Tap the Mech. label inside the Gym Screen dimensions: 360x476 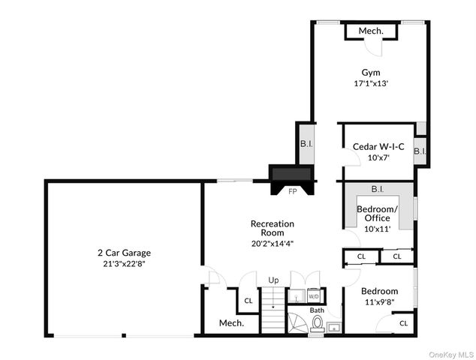click(371, 31)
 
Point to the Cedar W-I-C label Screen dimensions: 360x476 click(378, 147)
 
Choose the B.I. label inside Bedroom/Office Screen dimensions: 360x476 click(378, 190)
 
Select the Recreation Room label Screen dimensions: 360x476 click(272, 228)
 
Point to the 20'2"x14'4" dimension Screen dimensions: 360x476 click(272, 243)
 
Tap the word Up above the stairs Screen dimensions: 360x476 click(273, 280)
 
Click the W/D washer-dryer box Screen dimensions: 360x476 click(313, 296)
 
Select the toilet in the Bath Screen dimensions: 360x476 click(318, 323)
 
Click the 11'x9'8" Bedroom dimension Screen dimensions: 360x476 click(378, 301)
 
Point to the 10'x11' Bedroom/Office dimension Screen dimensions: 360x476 click(378, 229)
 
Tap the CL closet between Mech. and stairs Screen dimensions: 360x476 click(249, 301)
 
